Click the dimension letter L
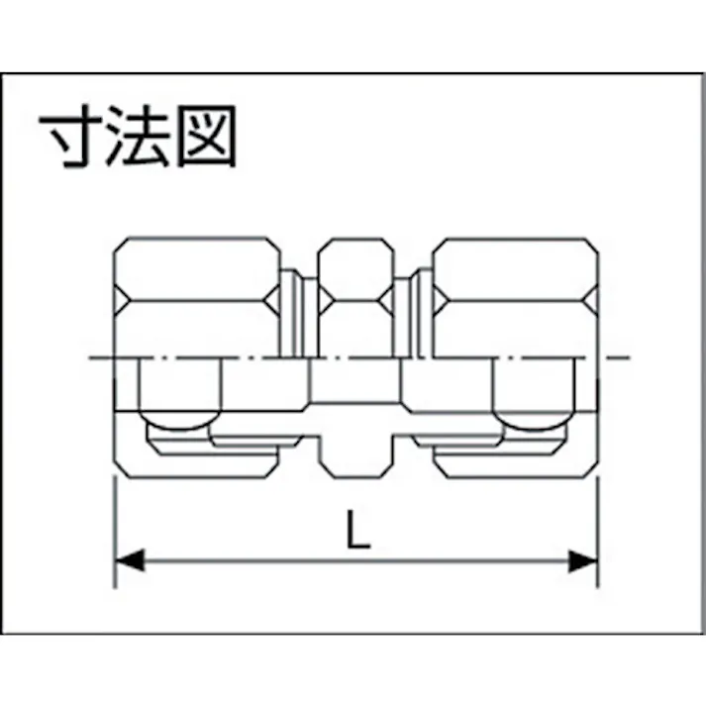click(358, 529)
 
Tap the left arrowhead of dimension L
click(130, 561)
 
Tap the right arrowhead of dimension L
click(583, 561)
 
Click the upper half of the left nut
click(197, 297)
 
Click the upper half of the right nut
click(516, 297)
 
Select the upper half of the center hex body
click(356, 297)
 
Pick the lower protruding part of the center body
click(357, 455)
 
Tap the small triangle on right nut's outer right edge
click(593, 300)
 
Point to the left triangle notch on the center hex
click(325, 300)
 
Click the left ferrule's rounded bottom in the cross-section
click(180, 420)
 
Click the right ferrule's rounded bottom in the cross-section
click(534, 421)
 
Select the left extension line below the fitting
click(115, 533)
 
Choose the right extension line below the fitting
click(598, 533)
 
